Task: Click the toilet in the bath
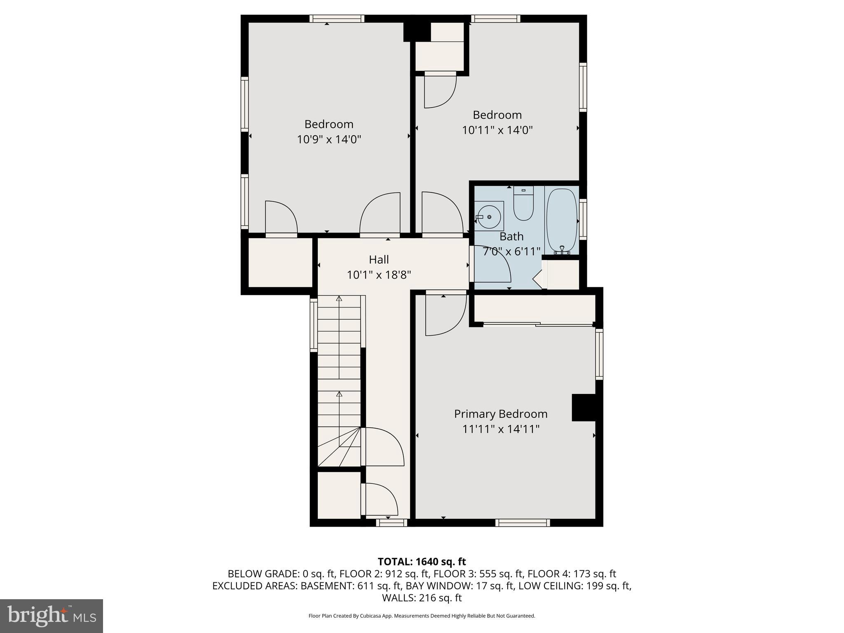[523, 205]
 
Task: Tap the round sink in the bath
[489, 217]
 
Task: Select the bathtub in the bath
[561, 220]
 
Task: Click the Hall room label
[379, 260]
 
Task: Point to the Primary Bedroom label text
[501, 414]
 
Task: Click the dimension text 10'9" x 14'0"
[329, 140]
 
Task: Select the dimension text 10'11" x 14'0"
[497, 130]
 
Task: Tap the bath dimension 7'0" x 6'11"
[511, 251]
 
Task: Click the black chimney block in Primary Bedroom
[584, 407]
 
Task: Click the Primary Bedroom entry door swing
[445, 315]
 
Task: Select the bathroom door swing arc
[492, 264]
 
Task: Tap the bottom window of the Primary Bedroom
[522, 523]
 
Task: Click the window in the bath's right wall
[583, 219]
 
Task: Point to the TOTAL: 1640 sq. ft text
[422, 562]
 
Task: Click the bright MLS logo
[52, 616]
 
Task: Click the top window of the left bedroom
[337, 19]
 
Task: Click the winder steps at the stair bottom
[340, 447]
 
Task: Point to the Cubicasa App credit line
[422, 616]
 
